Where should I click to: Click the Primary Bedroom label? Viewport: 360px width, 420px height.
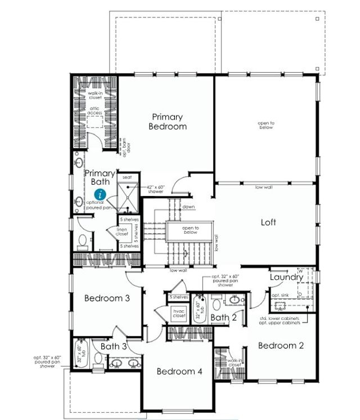click(168, 122)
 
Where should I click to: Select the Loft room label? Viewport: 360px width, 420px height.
click(268, 222)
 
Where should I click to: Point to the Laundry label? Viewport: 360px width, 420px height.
click(286, 277)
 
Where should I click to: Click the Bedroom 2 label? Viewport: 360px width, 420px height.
click(281, 345)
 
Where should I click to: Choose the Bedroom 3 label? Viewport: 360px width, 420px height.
click(107, 298)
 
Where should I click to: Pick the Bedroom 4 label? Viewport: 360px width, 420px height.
click(179, 371)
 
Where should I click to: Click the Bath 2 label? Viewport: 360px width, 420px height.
click(223, 318)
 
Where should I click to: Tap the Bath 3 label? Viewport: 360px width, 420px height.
click(114, 346)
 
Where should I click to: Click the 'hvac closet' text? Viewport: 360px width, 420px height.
click(179, 314)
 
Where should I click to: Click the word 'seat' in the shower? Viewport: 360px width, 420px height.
click(127, 177)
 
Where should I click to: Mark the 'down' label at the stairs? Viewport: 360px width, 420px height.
click(188, 207)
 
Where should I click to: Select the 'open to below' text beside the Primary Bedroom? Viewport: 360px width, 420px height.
click(266, 125)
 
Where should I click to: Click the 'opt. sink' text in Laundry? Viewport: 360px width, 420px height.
click(280, 295)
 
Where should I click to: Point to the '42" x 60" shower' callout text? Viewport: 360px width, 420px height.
click(156, 189)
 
